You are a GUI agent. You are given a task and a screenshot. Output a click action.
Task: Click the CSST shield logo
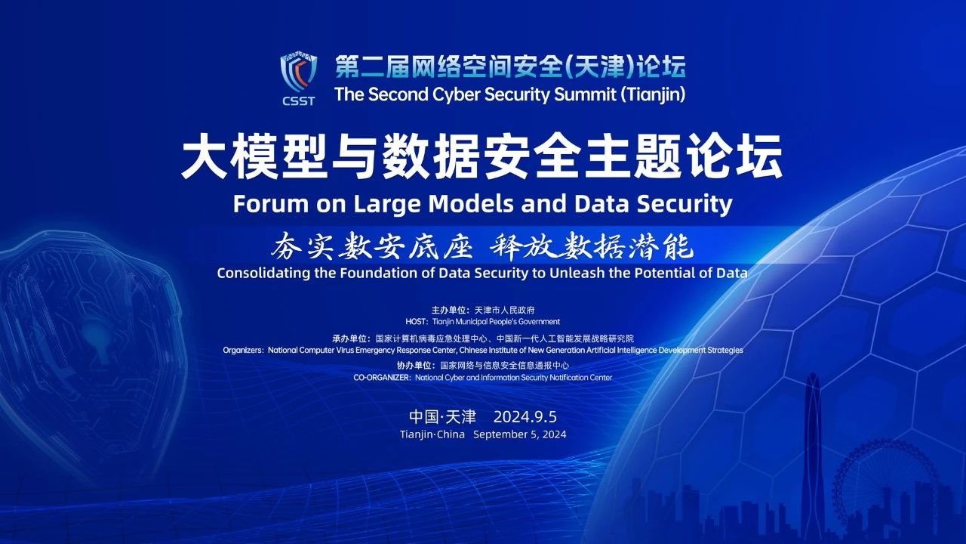pos(298,73)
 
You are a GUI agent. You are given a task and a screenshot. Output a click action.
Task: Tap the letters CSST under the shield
pos(298,101)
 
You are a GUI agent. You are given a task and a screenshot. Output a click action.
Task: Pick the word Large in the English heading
pos(387,205)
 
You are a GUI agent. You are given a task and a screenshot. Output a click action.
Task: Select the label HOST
pos(416,322)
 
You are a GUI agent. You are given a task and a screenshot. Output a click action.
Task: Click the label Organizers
pos(242,350)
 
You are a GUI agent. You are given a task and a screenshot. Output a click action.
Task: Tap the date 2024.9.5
pos(525,417)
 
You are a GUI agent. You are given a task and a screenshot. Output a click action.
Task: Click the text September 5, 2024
pos(520,434)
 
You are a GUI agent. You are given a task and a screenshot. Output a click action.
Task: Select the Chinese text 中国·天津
pos(442,417)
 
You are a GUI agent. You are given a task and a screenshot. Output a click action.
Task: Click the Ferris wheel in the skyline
pos(882,479)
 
